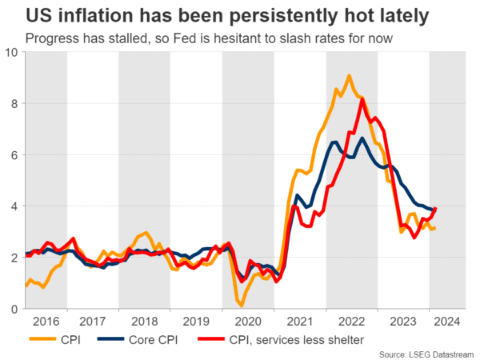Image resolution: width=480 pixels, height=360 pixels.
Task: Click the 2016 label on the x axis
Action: pyautogui.click(x=47, y=322)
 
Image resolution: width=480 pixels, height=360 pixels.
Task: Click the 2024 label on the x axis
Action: pyautogui.click(x=448, y=322)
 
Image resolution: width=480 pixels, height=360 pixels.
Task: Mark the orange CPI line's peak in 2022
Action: pyautogui.click(x=349, y=76)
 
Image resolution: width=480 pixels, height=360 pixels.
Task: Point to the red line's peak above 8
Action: pyautogui.click(x=362, y=98)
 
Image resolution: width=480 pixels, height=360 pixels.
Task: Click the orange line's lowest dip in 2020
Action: pyautogui.click(x=242, y=306)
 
